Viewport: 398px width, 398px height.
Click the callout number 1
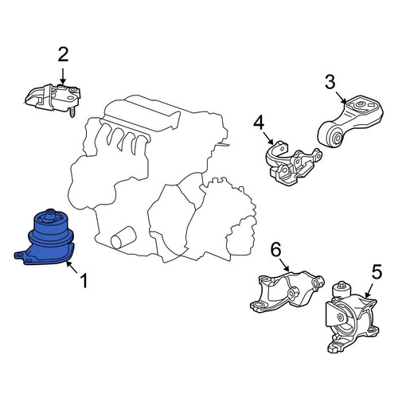point(84,281)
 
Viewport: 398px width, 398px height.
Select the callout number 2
point(63,54)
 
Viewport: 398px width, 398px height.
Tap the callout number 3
point(330,82)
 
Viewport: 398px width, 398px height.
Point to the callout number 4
point(259,123)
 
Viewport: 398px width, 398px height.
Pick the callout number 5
point(377,271)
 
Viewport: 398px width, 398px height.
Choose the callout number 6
point(275,250)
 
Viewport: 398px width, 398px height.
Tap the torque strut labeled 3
point(351,121)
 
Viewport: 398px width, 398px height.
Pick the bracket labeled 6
point(287,291)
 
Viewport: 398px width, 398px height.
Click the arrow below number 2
point(63,76)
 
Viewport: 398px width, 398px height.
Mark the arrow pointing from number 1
point(71,267)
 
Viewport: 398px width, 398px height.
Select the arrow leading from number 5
point(369,290)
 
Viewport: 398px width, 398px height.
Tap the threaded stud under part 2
point(72,111)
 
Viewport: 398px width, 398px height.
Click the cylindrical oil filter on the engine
point(123,237)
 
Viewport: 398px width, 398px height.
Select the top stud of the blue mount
point(49,215)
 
